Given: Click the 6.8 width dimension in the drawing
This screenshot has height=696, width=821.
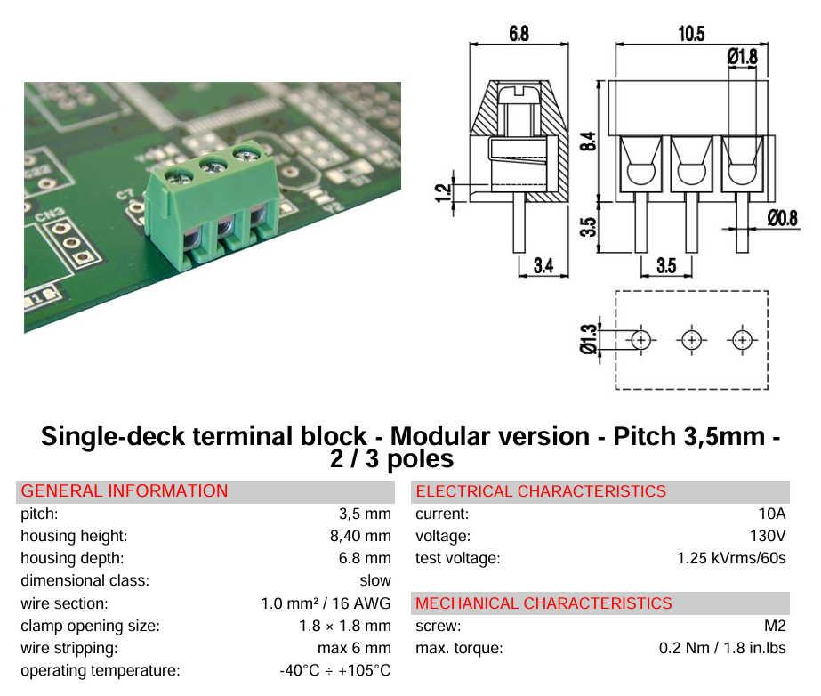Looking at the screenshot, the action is [x=519, y=34].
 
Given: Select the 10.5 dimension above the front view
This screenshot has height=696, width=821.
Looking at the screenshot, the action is [x=691, y=34].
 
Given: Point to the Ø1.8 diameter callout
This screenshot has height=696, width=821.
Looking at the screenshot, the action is [x=743, y=56].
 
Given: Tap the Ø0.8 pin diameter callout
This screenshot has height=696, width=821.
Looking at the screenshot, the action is [x=783, y=217].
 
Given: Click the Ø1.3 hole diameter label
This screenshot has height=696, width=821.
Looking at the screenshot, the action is [x=589, y=338].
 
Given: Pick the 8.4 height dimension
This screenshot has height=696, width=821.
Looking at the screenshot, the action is [x=589, y=141].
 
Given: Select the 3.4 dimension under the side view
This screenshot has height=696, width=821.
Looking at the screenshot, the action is [x=543, y=266].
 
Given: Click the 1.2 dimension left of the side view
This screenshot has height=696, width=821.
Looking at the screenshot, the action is [x=443, y=193].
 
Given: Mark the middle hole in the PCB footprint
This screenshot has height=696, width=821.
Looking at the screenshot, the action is [x=692, y=340].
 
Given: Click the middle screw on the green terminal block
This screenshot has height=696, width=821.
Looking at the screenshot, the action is [x=213, y=166].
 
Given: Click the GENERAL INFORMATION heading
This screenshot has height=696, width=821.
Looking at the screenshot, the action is [x=125, y=491].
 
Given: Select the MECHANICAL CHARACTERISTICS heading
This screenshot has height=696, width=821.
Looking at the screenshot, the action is [x=543, y=603].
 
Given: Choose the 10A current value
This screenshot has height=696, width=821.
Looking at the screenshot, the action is [x=772, y=514].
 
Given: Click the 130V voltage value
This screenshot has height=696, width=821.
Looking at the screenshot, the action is [x=769, y=536].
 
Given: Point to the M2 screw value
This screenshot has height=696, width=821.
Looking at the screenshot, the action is [x=776, y=626].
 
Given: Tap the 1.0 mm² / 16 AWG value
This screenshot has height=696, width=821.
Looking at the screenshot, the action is [x=326, y=603].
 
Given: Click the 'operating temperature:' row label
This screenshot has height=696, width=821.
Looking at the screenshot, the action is [x=100, y=671].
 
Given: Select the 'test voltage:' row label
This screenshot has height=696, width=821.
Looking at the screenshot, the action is [x=457, y=559].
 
